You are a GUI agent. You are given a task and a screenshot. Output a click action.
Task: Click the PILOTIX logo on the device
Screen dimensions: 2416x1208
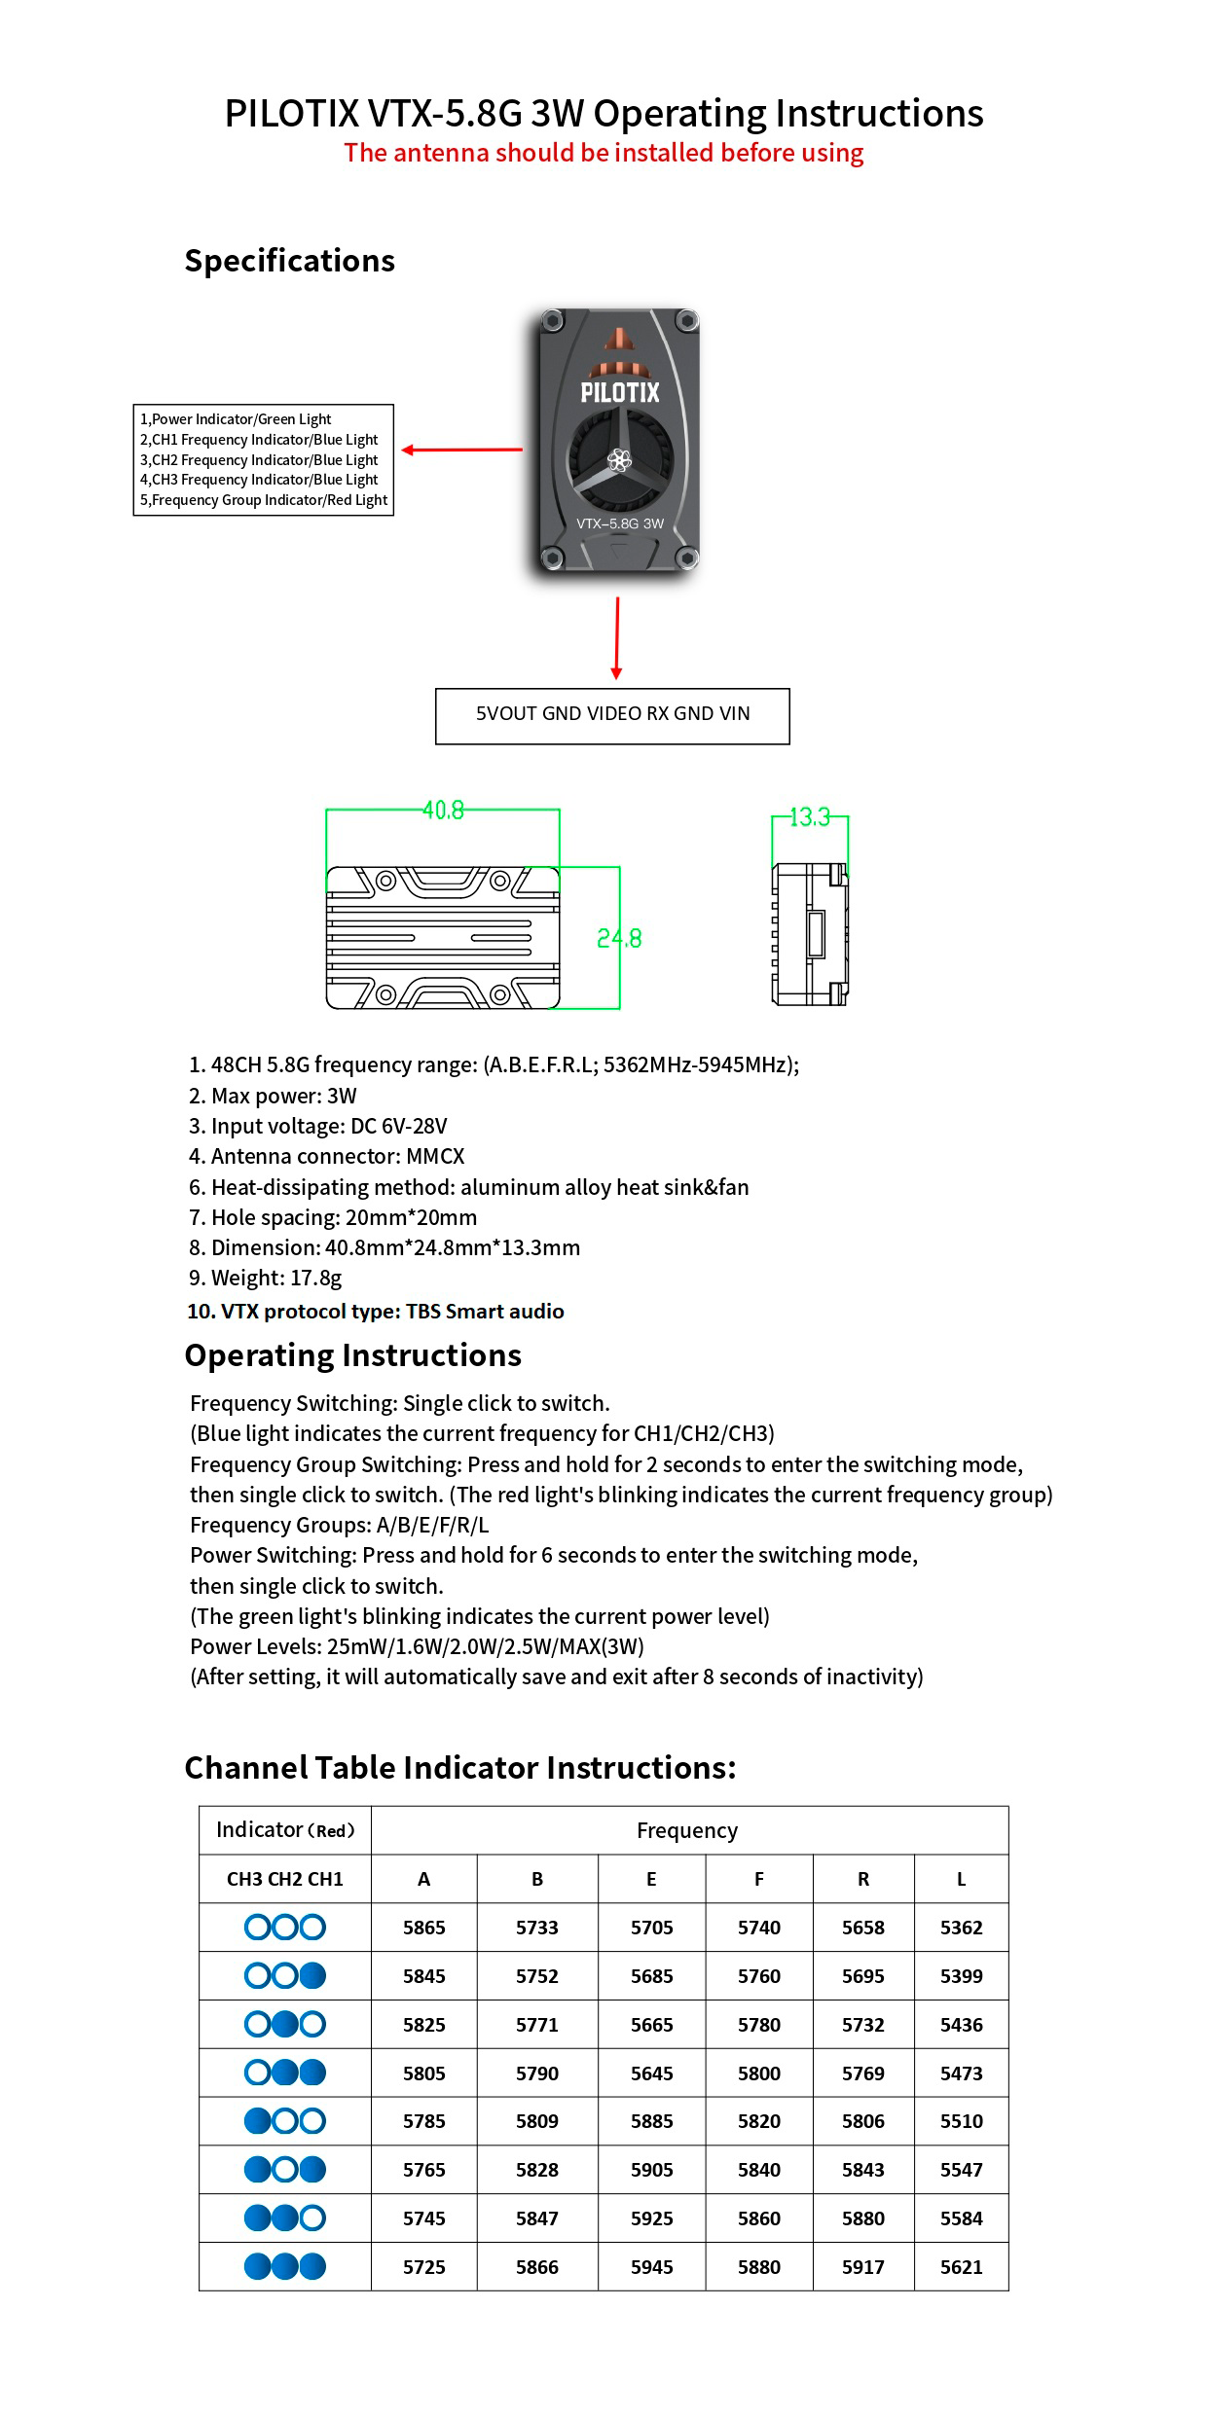tap(620, 392)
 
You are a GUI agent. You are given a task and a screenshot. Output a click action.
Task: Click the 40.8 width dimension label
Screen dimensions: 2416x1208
tap(443, 810)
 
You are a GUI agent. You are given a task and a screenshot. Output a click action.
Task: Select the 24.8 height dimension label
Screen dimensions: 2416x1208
tap(619, 938)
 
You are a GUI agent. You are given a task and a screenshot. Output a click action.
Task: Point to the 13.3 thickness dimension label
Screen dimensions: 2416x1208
tap(810, 816)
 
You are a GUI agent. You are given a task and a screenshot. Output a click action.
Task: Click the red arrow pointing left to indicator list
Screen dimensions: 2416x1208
tap(461, 450)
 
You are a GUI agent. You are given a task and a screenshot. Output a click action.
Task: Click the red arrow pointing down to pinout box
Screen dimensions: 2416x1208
tap(616, 637)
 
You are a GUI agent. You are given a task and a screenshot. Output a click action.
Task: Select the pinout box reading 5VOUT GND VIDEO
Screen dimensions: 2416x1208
tap(612, 715)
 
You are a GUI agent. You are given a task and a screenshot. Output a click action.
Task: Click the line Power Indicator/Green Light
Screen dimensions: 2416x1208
tap(236, 419)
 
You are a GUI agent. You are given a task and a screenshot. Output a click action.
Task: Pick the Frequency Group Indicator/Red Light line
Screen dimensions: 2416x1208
tap(264, 500)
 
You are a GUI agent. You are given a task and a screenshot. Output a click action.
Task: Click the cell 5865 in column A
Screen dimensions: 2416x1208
tap(423, 1927)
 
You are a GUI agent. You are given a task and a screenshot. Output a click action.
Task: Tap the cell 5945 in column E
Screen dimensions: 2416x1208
tap(651, 2266)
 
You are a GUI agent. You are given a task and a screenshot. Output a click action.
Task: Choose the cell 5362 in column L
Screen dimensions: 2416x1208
tap(961, 1927)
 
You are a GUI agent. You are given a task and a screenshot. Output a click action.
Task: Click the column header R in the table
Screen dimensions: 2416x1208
tap(862, 1879)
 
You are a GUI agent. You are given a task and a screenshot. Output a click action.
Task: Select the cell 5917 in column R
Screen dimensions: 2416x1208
tap(862, 2266)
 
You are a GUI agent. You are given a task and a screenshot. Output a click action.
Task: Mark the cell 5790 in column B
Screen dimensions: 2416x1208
tap(536, 2073)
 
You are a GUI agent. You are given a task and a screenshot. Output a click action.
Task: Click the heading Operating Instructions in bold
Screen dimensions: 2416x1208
tap(352, 1355)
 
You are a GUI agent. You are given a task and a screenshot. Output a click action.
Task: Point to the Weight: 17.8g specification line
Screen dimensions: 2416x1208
tap(265, 1278)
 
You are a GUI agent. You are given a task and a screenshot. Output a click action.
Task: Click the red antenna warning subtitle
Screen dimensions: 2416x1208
tap(604, 153)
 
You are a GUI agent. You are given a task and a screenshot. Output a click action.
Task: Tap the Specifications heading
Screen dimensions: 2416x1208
tap(289, 261)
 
